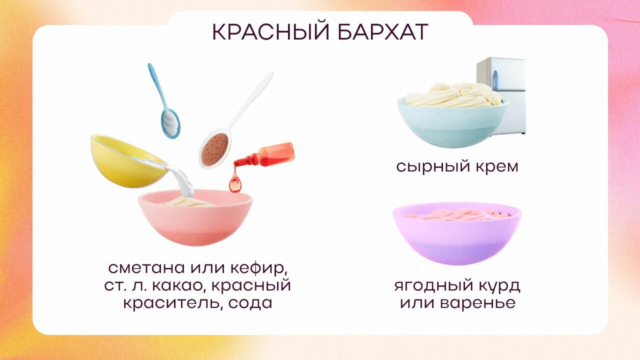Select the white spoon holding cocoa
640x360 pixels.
[215, 147]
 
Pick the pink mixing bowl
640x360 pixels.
[195, 220]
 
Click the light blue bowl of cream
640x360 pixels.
[452, 122]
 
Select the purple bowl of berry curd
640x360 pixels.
[456, 235]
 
